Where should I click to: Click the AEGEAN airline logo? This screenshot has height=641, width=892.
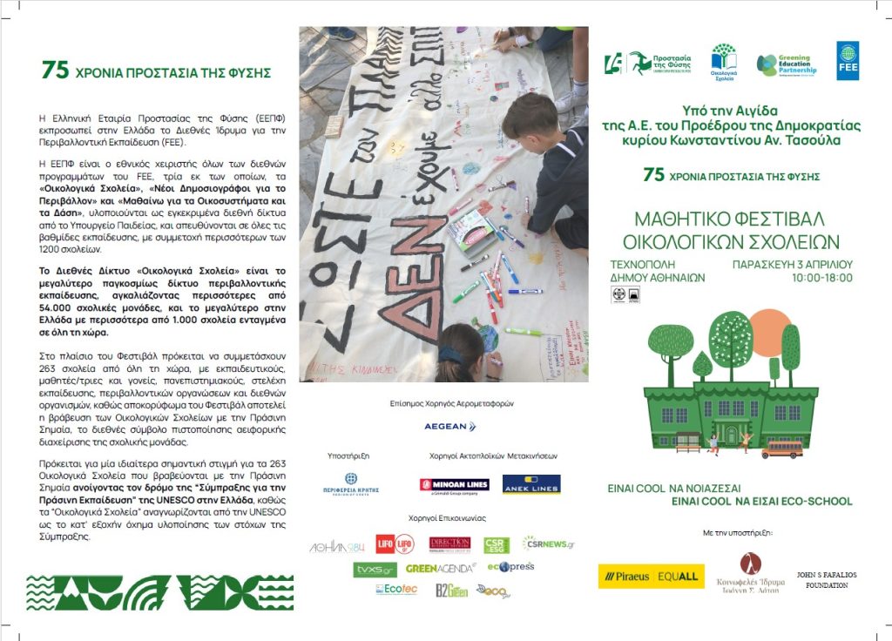[x=449, y=427]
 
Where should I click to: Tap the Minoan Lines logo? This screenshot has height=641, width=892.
[x=454, y=485]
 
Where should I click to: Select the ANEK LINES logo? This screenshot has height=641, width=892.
[x=531, y=485]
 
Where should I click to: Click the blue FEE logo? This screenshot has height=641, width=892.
[x=848, y=60]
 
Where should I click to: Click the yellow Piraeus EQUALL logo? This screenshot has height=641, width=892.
[x=651, y=576]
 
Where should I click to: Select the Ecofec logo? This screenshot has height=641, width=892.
[x=396, y=590]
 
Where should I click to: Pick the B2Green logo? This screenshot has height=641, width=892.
[x=452, y=590]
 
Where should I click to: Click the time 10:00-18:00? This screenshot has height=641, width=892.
[x=822, y=278]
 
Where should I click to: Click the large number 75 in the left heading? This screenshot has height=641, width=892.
[x=55, y=71]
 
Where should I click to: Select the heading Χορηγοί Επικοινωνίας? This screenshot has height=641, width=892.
[x=443, y=518]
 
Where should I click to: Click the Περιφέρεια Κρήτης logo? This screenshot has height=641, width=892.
[x=350, y=484]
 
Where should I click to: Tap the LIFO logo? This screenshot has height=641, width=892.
[x=395, y=545]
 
